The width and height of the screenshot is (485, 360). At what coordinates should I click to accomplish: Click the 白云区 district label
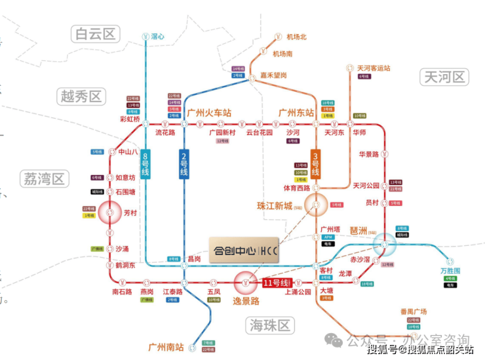[x=95, y=33]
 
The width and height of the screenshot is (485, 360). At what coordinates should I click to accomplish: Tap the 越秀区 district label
[x=81, y=97]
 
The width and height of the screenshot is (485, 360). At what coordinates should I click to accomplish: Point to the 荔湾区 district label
[x=45, y=178]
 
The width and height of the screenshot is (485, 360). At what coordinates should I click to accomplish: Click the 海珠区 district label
[x=269, y=325]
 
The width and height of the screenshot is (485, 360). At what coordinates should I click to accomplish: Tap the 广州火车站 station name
[x=209, y=112]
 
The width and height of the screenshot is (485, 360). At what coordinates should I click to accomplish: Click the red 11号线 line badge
[x=276, y=283]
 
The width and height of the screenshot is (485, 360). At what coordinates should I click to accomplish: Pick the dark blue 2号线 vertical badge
[x=184, y=164]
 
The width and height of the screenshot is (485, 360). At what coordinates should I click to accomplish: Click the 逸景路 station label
[x=246, y=301]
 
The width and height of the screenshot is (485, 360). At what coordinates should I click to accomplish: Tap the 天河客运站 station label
[x=374, y=68]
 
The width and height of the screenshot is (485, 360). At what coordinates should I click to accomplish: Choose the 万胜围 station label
[x=450, y=270]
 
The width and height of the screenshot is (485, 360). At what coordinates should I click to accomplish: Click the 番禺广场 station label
[x=414, y=311]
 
